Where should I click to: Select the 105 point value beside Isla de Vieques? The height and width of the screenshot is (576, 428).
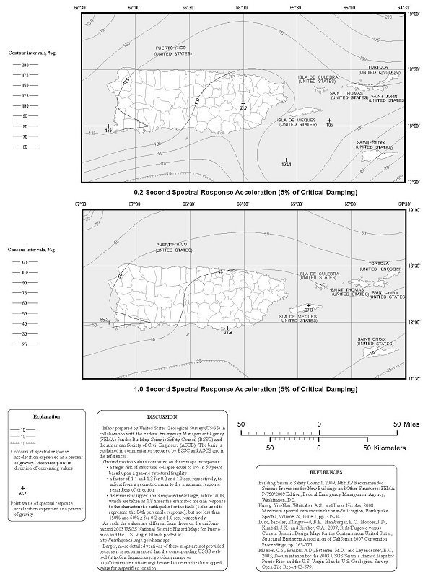330,125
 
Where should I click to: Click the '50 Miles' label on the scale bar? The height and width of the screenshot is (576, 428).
406,424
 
